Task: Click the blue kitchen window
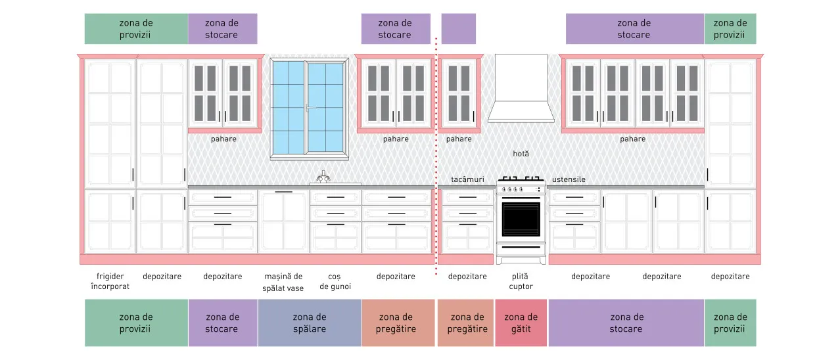tap(310, 108)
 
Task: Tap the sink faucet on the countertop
tap(323, 177)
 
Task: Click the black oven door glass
tap(521, 219)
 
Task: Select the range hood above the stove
tap(521, 89)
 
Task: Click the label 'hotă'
tap(521, 154)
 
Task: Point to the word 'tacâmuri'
tap(467, 179)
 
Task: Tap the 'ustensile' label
tap(569, 179)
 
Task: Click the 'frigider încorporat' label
tap(110, 281)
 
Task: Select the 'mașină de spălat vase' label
tap(283, 282)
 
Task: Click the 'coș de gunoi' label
tap(335, 282)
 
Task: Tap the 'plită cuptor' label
tap(521, 281)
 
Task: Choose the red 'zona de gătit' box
tap(521, 323)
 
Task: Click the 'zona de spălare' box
tap(310, 323)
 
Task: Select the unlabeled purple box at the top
tap(459, 29)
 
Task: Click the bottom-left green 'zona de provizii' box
tap(136, 323)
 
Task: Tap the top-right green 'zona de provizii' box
tap(730, 29)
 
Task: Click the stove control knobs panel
tap(521, 189)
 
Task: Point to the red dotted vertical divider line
tap(436, 156)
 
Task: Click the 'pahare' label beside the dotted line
tap(459, 139)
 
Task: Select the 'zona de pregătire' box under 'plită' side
tap(467, 323)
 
